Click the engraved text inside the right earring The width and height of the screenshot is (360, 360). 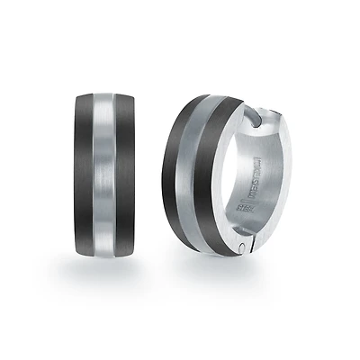point(253,180)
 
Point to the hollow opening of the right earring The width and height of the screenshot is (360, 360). point(270,180)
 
